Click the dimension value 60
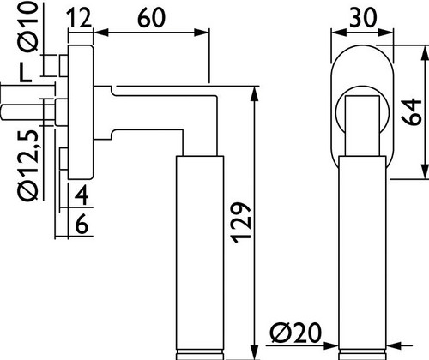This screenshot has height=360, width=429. (x=151, y=18)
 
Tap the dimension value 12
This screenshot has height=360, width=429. (x=79, y=18)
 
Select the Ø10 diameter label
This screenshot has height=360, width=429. (x=27, y=27)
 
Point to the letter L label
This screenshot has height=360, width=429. (x=25, y=73)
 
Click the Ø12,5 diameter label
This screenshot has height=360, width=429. (x=28, y=165)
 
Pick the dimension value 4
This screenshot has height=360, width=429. (x=82, y=195)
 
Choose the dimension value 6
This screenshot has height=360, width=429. (x=82, y=225)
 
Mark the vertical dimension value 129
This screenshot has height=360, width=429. (x=241, y=223)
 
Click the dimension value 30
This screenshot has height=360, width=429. (x=363, y=18)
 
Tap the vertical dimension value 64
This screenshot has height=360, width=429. (x=411, y=112)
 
